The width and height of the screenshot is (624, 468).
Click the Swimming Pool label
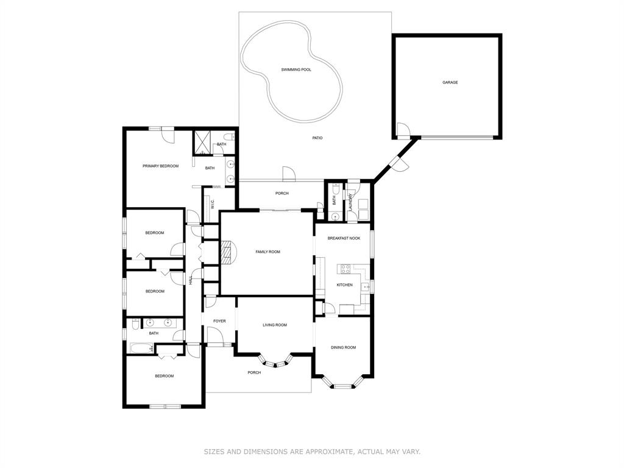pyautogui.click(x=296, y=69)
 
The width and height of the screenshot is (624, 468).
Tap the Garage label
pyautogui.click(x=450, y=82)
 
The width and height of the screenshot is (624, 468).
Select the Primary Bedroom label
pyautogui.click(x=160, y=166)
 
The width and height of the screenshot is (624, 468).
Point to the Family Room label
pyautogui.click(x=268, y=252)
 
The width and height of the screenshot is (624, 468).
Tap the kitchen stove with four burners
pyautogui.click(x=345, y=269)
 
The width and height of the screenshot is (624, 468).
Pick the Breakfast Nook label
pyautogui.click(x=344, y=238)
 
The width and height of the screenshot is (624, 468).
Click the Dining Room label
pyautogui.click(x=344, y=347)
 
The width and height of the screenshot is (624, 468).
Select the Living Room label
pyautogui.click(x=275, y=325)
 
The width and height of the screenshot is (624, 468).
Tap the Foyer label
pyautogui.click(x=219, y=321)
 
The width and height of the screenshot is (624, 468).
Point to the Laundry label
pyautogui.click(x=350, y=202)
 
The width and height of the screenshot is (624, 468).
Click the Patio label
pyautogui.click(x=317, y=138)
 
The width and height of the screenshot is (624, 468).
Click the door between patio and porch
pyautogui.click(x=288, y=174)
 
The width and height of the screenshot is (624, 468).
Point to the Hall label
pyautogui.click(x=191, y=280)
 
